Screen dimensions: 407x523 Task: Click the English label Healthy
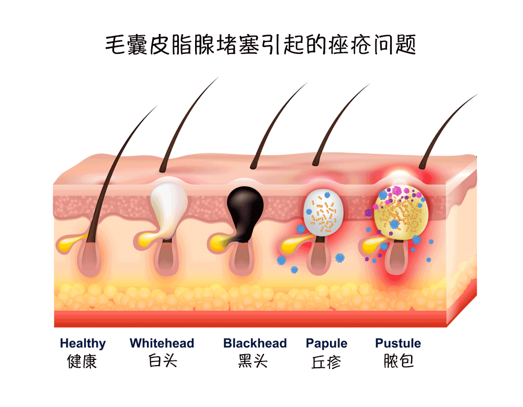click(83, 344)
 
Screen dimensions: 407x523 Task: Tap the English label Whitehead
click(162, 344)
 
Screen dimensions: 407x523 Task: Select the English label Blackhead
click(255, 344)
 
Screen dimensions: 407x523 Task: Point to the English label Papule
click(326, 344)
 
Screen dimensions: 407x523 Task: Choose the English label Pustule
click(398, 344)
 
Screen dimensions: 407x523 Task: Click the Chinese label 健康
click(83, 361)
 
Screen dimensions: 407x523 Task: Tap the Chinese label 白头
click(162, 361)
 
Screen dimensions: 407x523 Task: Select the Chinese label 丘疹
click(326, 361)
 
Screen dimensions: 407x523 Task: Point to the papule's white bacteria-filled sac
click(323, 212)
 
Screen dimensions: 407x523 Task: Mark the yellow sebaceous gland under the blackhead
click(220, 241)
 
